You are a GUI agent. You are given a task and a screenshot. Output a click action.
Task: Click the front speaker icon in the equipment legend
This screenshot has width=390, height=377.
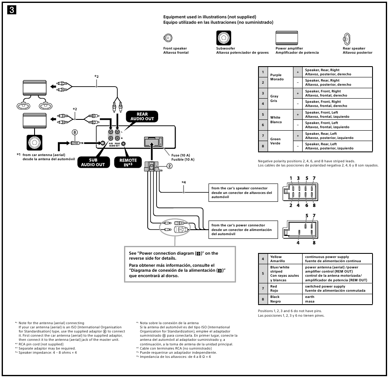(168, 38)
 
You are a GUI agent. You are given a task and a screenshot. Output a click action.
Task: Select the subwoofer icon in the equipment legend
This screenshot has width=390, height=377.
(224, 38)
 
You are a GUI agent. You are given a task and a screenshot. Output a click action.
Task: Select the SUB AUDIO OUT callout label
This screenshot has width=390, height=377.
(94, 162)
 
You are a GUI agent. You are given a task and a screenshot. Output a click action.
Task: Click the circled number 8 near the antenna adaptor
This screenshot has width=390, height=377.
(75, 132)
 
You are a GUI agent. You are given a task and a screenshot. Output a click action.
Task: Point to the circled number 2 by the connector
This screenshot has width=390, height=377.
(169, 166)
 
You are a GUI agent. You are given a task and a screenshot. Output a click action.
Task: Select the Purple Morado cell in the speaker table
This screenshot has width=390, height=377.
(276, 77)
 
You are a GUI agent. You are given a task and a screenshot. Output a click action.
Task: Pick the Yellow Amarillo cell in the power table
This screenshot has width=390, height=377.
(277, 259)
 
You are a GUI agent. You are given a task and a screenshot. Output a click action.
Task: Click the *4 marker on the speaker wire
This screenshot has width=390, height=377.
(184, 182)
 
